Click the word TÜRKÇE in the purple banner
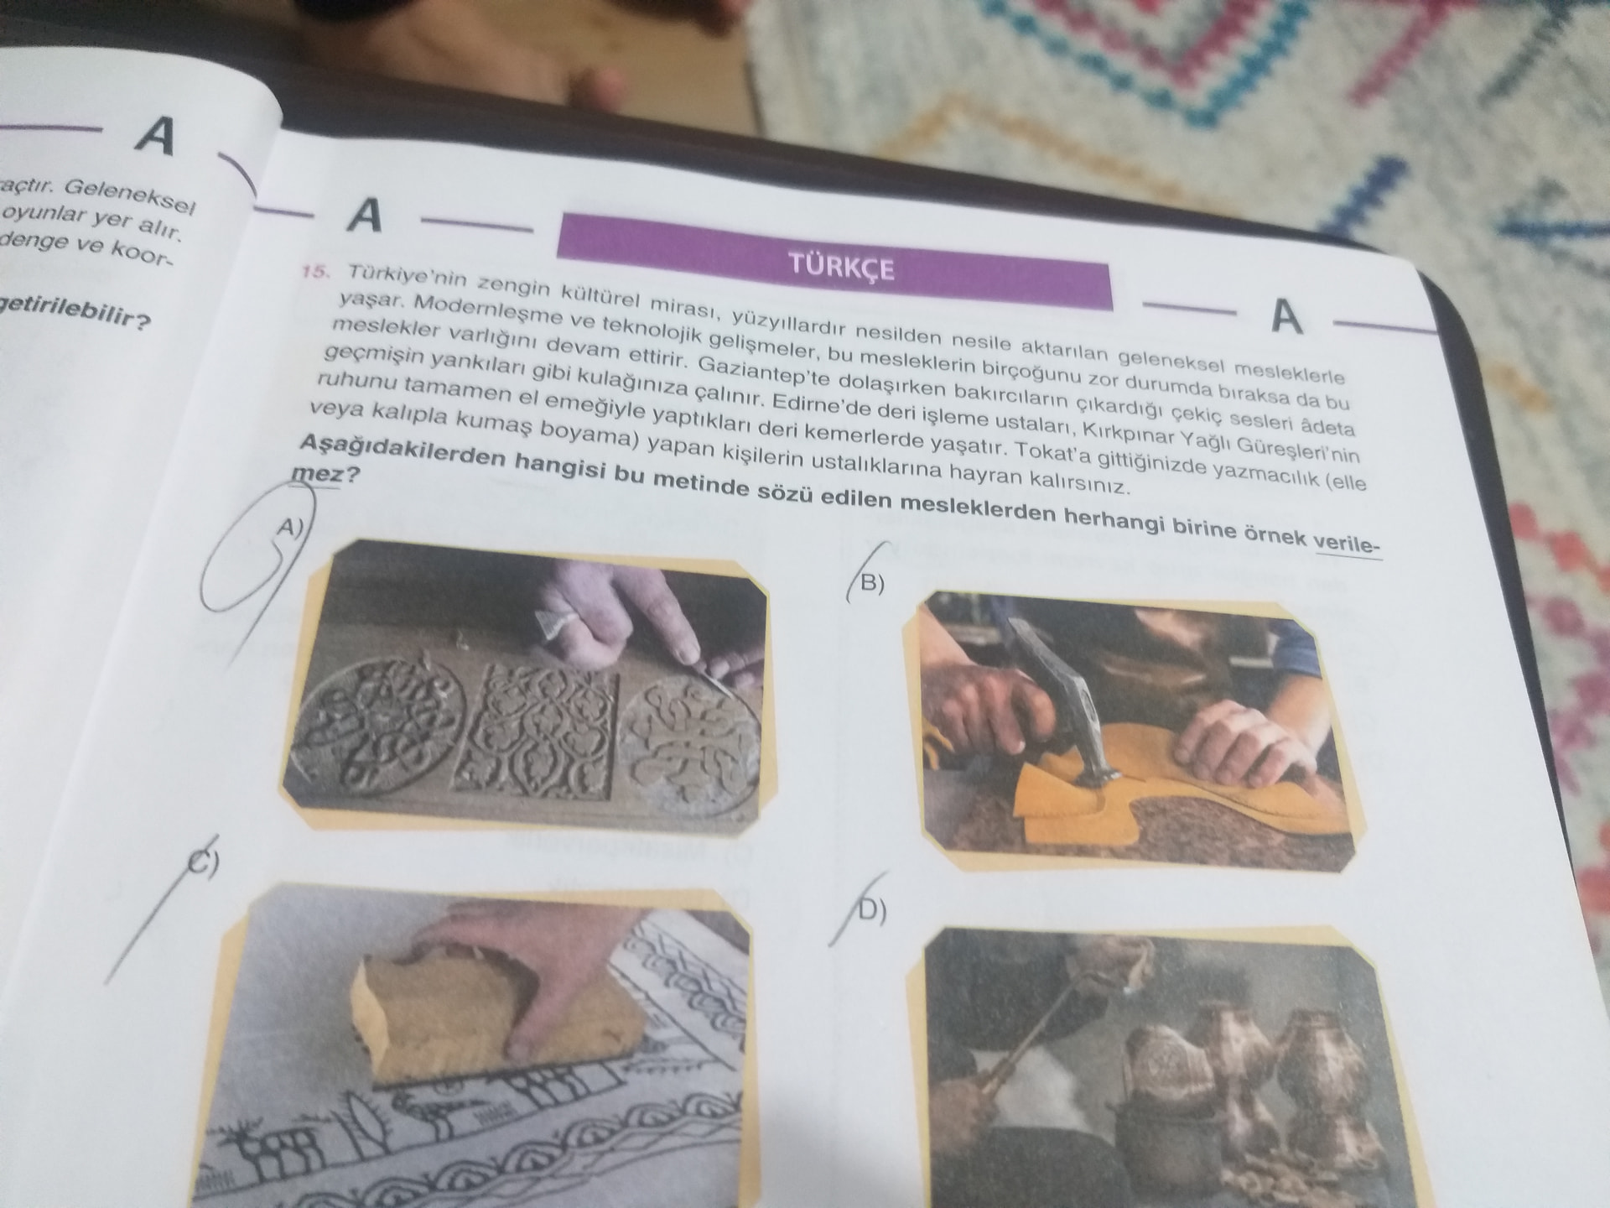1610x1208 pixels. [841, 268]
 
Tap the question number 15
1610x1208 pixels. [316, 272]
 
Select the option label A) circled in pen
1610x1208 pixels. [290, 528]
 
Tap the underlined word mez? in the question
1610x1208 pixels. [325, 474]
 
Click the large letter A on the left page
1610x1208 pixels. [157, 137]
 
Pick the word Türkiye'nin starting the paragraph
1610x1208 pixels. [396, 277]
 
